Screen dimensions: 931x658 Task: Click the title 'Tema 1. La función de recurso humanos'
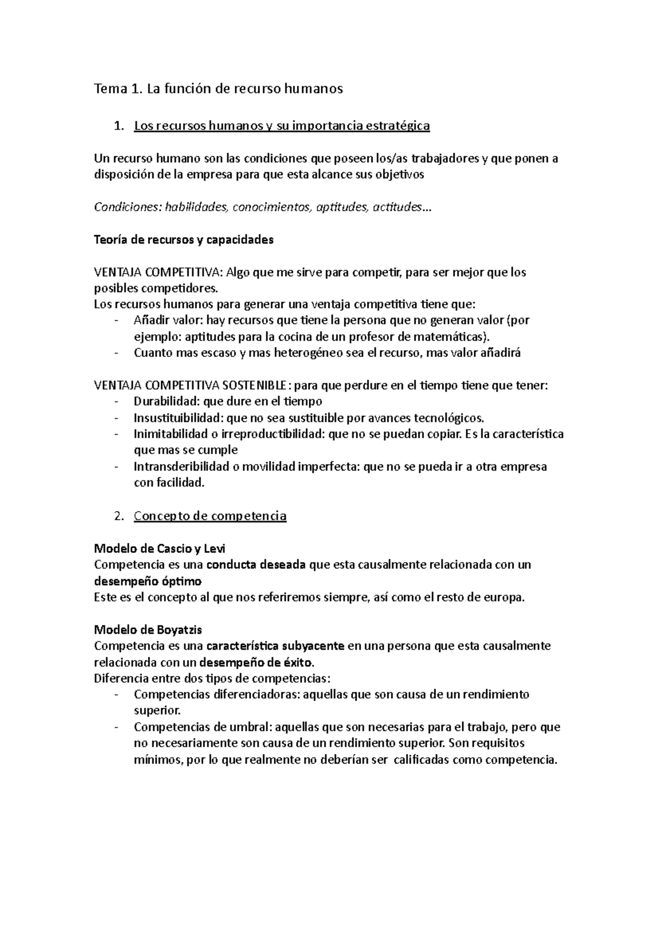[218, 89]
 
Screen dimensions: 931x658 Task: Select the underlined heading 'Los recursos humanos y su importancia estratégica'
[282, 126]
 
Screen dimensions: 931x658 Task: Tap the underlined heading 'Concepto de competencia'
[210, 516]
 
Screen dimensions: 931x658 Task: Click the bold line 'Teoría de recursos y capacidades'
[184, 240]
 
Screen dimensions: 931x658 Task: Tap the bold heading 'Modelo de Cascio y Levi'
[160, 548]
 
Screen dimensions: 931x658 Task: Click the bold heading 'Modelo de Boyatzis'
[148, 629]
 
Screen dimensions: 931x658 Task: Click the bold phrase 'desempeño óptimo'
[148, 581]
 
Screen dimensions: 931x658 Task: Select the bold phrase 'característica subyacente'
[275, 646]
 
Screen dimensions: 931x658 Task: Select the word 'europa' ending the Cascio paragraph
[506, 597]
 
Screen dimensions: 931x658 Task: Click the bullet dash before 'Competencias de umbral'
[116, 728]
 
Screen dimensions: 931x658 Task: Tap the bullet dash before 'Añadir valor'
[116, 320]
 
